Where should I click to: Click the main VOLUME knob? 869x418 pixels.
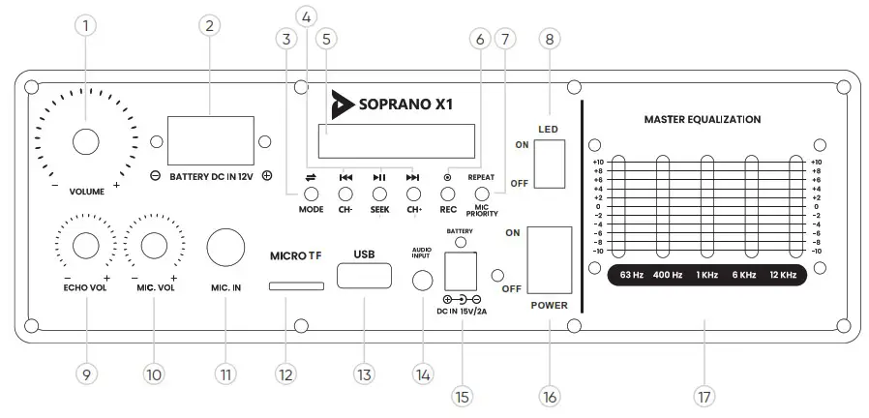click(x=85, y=141)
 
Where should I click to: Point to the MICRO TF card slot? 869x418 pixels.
click(x=297, y=286)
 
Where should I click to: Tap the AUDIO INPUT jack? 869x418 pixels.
click(x=422, y=282)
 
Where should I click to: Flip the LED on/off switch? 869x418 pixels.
click(x=550, y=164)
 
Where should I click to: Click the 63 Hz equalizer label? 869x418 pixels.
click(x=632, y=276)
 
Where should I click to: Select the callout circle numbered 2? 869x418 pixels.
click(x=207, y=26)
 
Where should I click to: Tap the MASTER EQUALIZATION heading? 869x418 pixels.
click(x=702, y=119)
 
